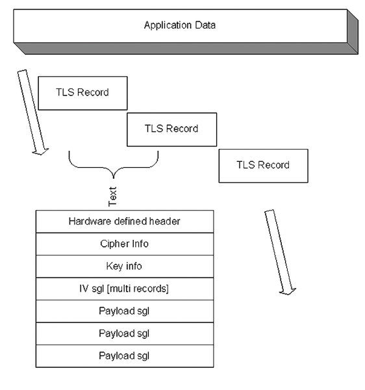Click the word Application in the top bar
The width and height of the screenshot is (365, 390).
click(x=168, y=25)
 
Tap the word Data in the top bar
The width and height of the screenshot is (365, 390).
click(x=205, y=25)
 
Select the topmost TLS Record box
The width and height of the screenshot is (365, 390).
click(x=82, y=93)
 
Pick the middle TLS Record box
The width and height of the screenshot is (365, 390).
click(x=171, y=129)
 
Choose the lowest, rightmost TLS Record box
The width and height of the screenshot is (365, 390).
click(x=264, y=166)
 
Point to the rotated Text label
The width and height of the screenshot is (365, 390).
click(x=112, y=196)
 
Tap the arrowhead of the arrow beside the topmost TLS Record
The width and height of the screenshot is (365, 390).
click(x=40, y=151)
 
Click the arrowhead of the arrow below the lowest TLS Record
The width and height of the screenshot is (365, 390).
click(x=288, y=291)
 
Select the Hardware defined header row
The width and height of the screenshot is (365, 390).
click(x=125, y=222)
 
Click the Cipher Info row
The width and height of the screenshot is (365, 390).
click(x=125, y=244)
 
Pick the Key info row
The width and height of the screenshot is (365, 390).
click(x=125, y=266)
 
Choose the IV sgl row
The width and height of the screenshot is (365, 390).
click(x=125, y=289)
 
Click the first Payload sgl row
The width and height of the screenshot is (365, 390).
click(x=125, y=311)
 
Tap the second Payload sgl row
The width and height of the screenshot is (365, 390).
click(x=125, y=333)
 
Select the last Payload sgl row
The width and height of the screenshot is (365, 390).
click(x=125, y=356)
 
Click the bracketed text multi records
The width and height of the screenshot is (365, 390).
click(x=138, y=289)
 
